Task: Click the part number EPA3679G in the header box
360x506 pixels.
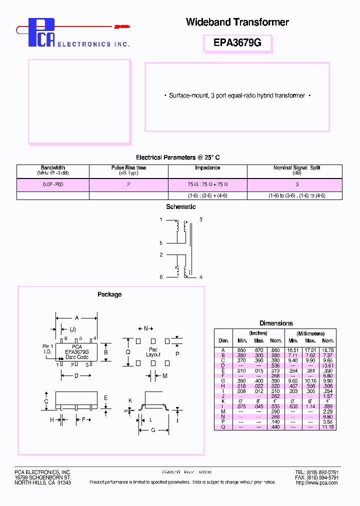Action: pos(237,43)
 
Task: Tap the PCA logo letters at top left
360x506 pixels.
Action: pos(41,33)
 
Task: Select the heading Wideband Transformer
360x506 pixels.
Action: pos(237,22)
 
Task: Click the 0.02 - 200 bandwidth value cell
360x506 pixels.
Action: pos(52,184)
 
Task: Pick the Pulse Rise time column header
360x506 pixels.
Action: pos(128,168)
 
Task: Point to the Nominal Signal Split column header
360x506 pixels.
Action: pos(296,168)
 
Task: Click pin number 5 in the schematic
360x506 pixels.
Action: pos(161,243)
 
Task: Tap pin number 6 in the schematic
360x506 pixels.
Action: pos(161,277)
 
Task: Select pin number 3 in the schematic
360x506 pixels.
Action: pos(201,219)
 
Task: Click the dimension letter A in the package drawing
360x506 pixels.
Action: pos(76,317)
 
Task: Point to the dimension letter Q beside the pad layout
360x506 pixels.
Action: pos(128,351)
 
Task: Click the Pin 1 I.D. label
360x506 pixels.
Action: pos(47,349)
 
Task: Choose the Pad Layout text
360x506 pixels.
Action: pos(153,352)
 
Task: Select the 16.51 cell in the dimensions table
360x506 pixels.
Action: pos(292,350)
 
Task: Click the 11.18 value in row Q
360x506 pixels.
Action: pos(328,427)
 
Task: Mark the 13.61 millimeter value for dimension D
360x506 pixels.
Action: pos(328,365)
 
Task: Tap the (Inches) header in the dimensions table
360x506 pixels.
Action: pos(258,333)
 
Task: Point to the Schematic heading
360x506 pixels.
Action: pos(180,207)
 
